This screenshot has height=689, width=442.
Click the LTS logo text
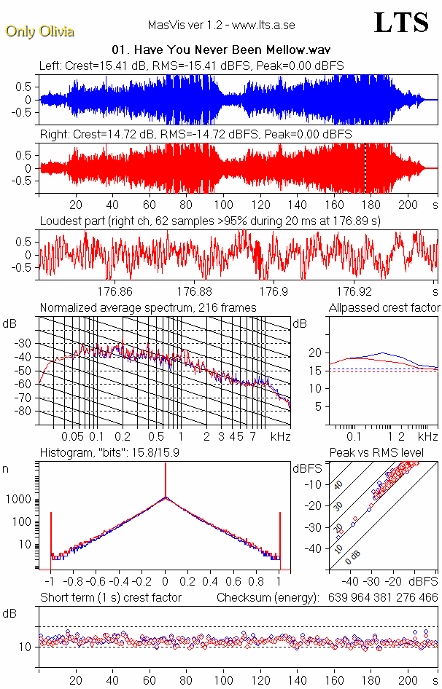[x=400, y=23]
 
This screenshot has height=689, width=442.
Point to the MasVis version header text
[x=221, y=25]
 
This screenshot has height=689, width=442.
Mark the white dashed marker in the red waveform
[x=365, y=168]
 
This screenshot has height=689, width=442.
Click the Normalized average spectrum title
[x=148, y=308]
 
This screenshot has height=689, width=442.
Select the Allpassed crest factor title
[x=384, y=308]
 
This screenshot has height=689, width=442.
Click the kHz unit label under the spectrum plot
[x=280, y=436]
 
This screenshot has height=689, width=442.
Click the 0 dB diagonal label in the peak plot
[x=354, y=554]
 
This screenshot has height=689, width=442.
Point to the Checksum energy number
[x=381, y=598]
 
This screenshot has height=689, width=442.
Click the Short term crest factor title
[x=110, y=598]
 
